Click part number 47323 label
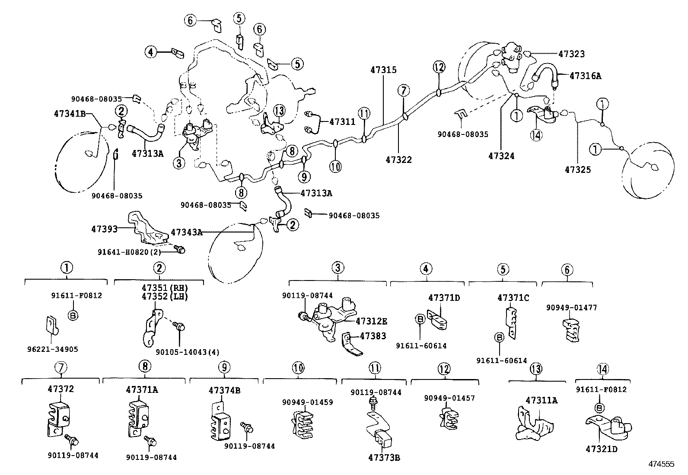pyautogui.click(x=571, y=54)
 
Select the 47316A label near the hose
pyautogui.click(x=585, y=75)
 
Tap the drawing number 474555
pyautogui.click(x=661, y=464)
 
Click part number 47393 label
pyautogui.click(x=104, y=229)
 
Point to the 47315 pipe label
pyautogui.click(x=383, y=70)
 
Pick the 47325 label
pyautogui.click(x=577, y=169)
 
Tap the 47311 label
pyautogui.click(x=342, y=122)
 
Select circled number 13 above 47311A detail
pyautogui.click(x=536, y=370)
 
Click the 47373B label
pyautogui.click(x=384, y=458)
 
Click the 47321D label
pyautogui.click(x=602, y=449)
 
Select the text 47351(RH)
pyautogui.click(x=159, y=288)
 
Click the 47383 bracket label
pyautogui.click(x=373, y=336)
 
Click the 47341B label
pyautogui.click(x=70, y=114)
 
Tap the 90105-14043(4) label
pyautogui.click(x=179, y=352)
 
